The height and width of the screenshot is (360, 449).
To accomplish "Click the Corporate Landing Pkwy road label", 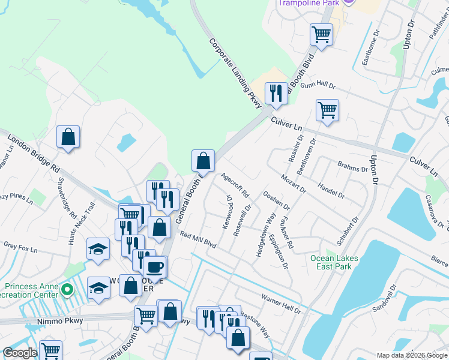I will click(236, 74).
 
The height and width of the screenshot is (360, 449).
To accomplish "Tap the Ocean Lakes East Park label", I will click(334, 262).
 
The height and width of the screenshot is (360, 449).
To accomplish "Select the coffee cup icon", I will click(155, 266).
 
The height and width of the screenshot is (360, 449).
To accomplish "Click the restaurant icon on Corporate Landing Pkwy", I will click(276, 94).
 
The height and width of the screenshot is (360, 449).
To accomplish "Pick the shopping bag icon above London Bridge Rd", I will click(68, 137).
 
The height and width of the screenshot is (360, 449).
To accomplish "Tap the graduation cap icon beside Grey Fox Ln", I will click(98, 249).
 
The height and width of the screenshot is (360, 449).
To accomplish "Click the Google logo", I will click(20, 353).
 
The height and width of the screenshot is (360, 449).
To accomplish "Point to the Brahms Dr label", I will click(352, 168).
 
